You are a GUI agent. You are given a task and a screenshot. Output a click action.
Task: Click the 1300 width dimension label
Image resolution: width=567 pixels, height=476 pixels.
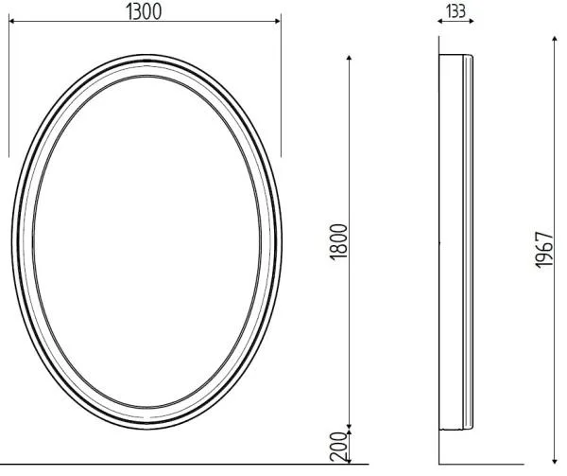click(144, 12)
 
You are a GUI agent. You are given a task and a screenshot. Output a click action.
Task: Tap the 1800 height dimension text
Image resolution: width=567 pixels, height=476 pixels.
click(339, 242)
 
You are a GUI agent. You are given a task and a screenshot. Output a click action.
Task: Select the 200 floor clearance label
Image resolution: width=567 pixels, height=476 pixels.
click(338, 447)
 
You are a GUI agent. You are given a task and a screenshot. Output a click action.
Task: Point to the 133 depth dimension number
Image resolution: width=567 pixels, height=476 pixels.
click(455, 11)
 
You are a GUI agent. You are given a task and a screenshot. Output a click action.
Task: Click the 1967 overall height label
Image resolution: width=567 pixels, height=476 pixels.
click(544, 250)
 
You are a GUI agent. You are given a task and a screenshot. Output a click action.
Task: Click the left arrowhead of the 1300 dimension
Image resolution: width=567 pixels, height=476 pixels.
click(11, 21)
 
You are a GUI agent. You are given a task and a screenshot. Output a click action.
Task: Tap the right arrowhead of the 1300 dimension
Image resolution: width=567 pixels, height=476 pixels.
click(278, 21)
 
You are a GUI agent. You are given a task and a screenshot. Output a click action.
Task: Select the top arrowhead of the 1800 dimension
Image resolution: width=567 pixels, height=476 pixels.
click(349, 58)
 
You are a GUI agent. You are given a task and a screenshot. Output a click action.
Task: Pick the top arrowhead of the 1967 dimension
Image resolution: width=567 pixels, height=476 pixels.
click(555, 39)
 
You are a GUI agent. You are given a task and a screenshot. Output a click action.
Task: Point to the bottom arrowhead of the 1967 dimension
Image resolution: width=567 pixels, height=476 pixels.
click(555, 461)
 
